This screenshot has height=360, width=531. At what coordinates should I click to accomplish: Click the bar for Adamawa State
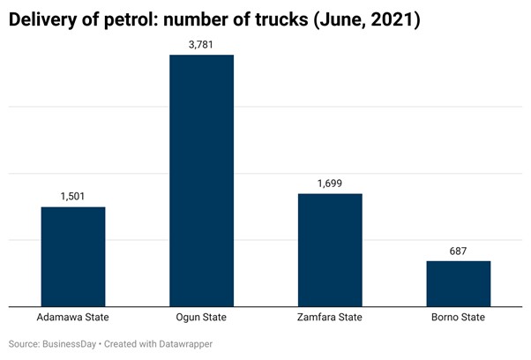point(73,256)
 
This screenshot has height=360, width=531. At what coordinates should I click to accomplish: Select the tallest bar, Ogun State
point(201,181)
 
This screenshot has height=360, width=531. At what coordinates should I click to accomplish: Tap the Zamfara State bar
point(330,250)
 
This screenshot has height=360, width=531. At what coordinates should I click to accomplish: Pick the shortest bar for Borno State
point(458,283)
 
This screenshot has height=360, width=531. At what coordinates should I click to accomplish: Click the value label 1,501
point(73,197)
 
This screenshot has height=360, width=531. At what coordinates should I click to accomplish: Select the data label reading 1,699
point(330,184)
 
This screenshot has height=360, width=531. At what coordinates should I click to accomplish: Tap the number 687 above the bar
point(458,251)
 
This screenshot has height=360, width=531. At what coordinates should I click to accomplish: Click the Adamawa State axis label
point(73,318)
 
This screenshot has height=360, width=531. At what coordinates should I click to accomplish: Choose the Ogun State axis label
point(201,318)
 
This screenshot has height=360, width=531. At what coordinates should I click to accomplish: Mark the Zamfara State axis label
point(330,318)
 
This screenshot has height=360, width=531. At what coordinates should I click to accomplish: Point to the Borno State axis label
point(458,318)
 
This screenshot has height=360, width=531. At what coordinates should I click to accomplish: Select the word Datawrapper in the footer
point(183,344)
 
